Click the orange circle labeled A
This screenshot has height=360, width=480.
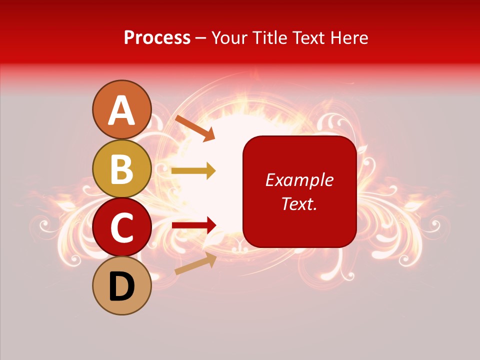point(122,109)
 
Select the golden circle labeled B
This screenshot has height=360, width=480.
point(122,168)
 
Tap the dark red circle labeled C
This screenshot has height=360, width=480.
point(122,227)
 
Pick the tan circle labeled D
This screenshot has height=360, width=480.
point(122,285)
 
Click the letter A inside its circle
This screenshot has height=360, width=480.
point(122,110)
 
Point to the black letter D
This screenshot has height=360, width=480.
point(122,287)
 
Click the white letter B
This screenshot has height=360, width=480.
point(122,169)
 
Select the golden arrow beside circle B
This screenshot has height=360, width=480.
point(193,171)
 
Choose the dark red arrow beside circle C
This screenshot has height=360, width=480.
point(194,225)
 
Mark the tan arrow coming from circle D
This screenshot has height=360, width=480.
point(195,264)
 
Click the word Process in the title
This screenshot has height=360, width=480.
point(157,38)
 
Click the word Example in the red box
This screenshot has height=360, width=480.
point(299,180)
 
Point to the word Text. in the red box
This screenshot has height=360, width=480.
point(299,204)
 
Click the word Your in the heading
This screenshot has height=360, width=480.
point(231,38)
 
